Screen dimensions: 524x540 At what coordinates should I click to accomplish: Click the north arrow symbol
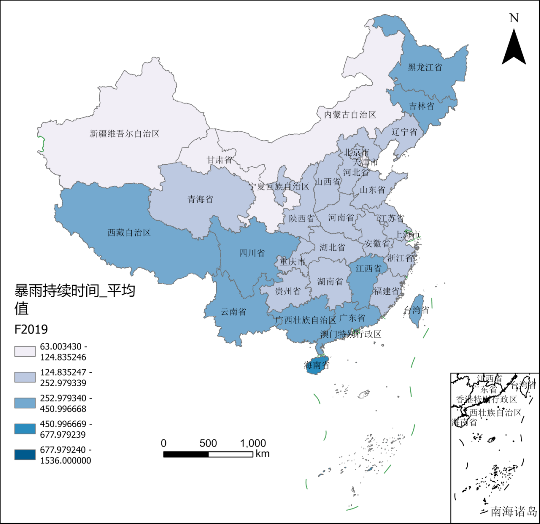[514, 47]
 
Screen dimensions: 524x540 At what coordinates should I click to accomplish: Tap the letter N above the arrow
[514, 18]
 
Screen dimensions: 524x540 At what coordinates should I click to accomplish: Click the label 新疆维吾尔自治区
[125, 134]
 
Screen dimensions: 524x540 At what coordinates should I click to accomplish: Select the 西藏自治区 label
[129, 232]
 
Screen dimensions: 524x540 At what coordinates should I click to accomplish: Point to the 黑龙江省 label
[425, 67]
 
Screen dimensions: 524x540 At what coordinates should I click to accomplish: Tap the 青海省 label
[200, 199]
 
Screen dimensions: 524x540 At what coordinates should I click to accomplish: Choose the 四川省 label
[252, 253]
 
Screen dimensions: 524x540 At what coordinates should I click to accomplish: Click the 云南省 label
[233, 312]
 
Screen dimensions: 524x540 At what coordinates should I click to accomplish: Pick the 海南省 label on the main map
[317, 366]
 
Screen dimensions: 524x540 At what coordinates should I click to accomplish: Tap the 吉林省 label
[422, 106]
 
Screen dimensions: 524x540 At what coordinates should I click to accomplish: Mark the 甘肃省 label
[220, 160]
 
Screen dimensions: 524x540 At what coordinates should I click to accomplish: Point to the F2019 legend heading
[31, 330]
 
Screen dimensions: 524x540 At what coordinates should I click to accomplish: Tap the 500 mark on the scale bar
[208, 443]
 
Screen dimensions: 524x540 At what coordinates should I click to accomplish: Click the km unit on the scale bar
[262, 454]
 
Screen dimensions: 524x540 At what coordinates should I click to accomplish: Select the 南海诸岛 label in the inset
[513, 511]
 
